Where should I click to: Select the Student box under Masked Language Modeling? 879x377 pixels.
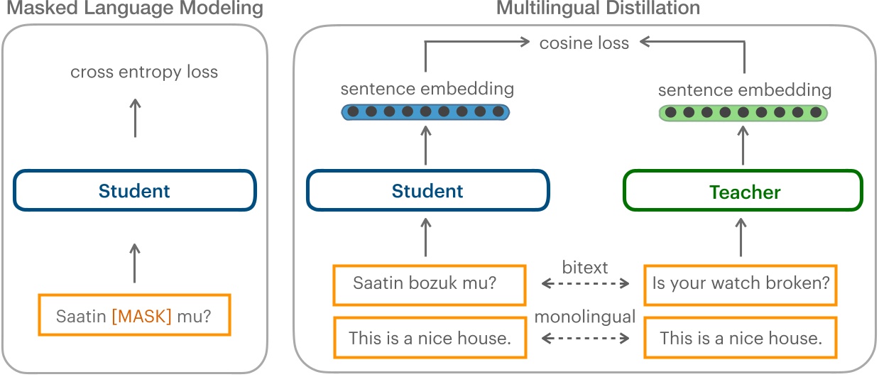[x=134, y=190]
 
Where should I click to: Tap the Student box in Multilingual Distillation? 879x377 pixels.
[x=427, y=190]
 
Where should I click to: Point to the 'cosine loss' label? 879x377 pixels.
[x=584, y=43]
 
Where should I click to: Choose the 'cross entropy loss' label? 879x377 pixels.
[x=144, y=72]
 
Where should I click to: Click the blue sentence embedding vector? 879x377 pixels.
[x=426, y=112]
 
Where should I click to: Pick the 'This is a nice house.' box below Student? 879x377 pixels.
[x=430, y=338]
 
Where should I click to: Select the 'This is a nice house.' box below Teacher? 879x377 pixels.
[x=741, y=338]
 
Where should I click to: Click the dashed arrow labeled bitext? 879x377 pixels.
[x=585, y=284]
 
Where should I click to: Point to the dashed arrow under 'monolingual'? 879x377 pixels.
[x=585, y=339]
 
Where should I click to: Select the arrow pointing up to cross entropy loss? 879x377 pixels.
[x=134, y=118]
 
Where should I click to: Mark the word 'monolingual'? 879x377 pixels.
[x=584, y=317]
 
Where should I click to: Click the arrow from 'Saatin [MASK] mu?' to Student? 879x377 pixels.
[x=134, y=262]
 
